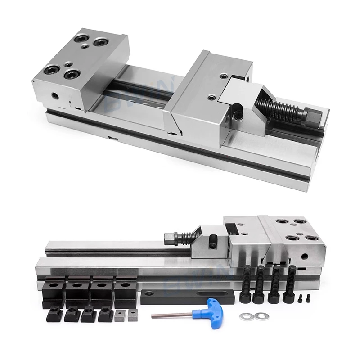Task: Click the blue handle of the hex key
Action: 205,309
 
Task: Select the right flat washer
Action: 259,316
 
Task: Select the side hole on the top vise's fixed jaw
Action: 55,95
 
